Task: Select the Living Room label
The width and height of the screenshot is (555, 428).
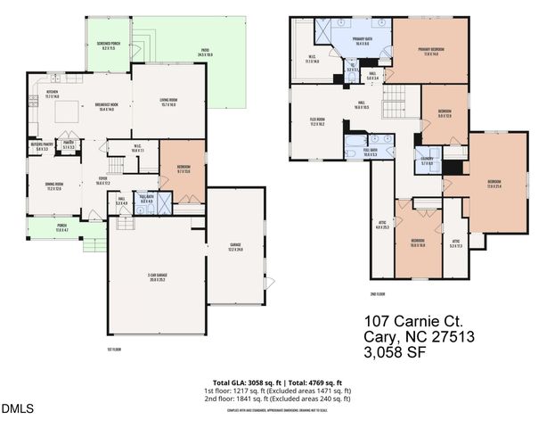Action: pyautogui.click(x=167, y=103)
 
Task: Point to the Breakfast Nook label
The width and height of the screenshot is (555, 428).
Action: pyautogui.click(x=108, y=107)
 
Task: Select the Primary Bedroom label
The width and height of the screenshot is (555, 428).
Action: pyautogui.click(x=431, y=51)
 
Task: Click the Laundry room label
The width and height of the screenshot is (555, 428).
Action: pyautogui.click(x=426, y=161)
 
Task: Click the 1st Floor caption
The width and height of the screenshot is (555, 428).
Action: pyautogui.click(x=113, y=350)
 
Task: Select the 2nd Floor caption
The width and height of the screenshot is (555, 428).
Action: pyautogui.click(x=377, y=293)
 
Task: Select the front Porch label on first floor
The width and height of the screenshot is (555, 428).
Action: pyautogui.click(x=62, y=228)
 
